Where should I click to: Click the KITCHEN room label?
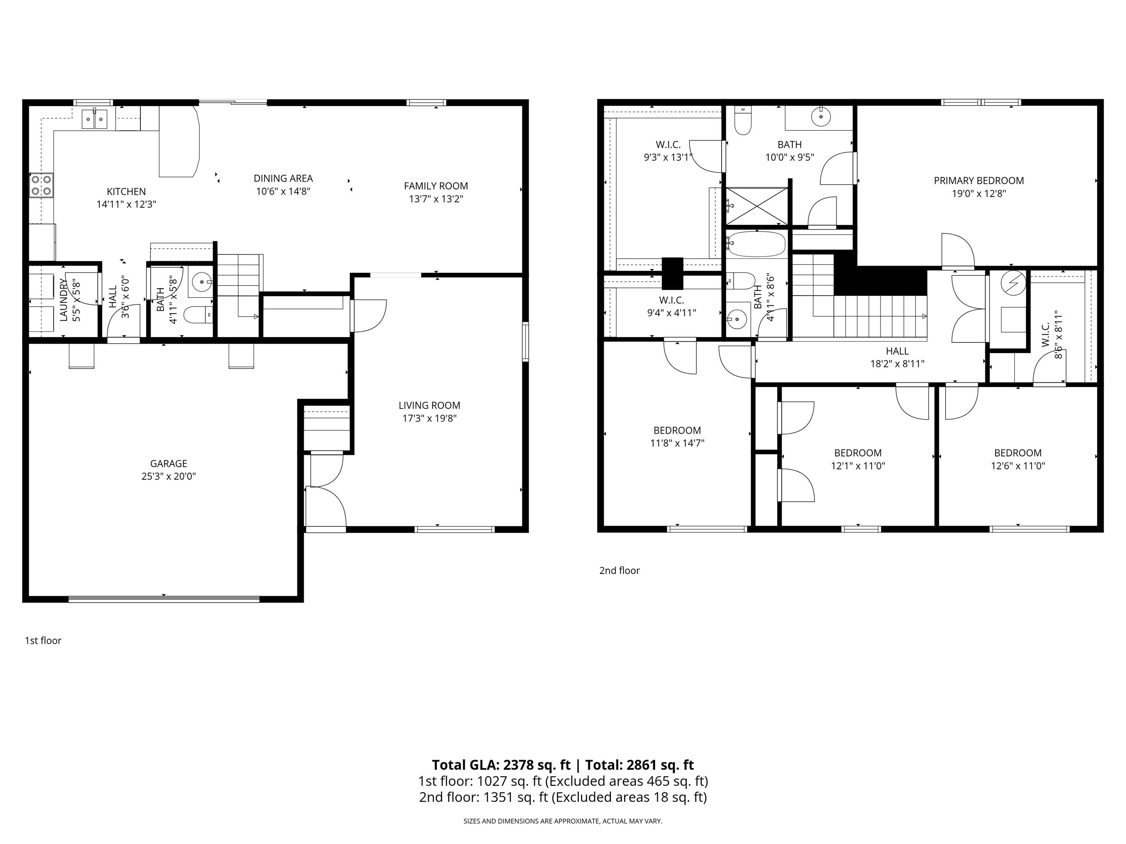[x=126, y=191]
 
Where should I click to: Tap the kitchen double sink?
[x=95, y=119]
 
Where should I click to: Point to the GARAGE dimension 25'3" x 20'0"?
[x=169, y=477]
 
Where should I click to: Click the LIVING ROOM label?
[x=429, y=406]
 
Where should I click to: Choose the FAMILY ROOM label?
[x=436, y=186]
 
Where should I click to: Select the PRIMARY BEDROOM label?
[x=978, y=181]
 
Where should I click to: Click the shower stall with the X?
[x=757, y=206]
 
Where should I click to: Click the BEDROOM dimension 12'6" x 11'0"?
[x=1018, y=466]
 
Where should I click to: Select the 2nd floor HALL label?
[x=897, y=351]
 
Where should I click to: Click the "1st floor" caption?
[x=43, y=640]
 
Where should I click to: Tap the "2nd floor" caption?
[x=619, y=570]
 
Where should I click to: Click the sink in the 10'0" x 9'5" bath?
[x=821, y=116]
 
